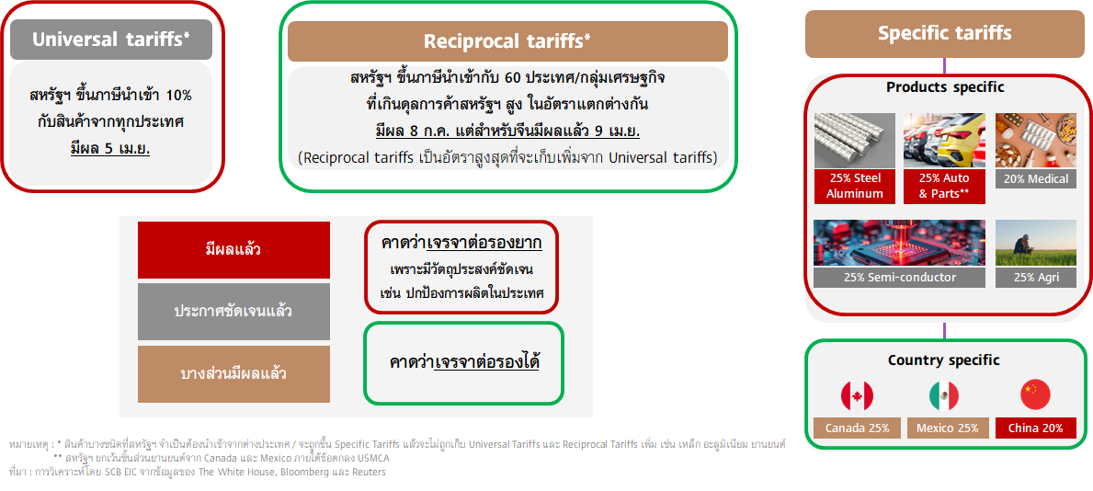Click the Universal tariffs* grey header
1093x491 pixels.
pyautogui.click(x=111, y=39)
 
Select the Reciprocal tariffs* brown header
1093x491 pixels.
pyautogui.click(x=507, y=41)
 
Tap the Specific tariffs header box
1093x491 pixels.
pyautogui.click(x=944, y=33)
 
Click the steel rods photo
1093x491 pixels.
pyautogui.click(x=855, y=140)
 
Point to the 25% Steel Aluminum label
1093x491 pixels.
pyautogui.click(x=855, y=187)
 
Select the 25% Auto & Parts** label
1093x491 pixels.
pyautogui.click(x=944, y=187)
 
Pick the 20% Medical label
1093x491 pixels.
pyautogui.click(x=1036, y=178)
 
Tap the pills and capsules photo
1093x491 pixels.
pyautogui.click(x=1036, y=140)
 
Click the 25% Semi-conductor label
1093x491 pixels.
pyautogui.click(x=899, y=277)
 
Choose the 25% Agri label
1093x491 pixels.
pyautogui.click(x=1036, y=277)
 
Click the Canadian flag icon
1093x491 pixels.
pyautogui.click(x=857, y=395)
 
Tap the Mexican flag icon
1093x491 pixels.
pyautogui.click(x=944, y=395)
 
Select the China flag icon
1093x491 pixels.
pyautogui.click(x=1035, y=395)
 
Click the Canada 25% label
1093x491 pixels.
pyautogui.click(x=857, y=428)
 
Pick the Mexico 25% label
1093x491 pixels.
pyautogui.click(x=947, y=428)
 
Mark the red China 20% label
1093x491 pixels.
pyautogui.click(x=1036, y=428)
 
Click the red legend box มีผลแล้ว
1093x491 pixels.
pyautogui.click(x=233, y=250)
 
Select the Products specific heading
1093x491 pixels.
pyautogui.click(x=944, y=88)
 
